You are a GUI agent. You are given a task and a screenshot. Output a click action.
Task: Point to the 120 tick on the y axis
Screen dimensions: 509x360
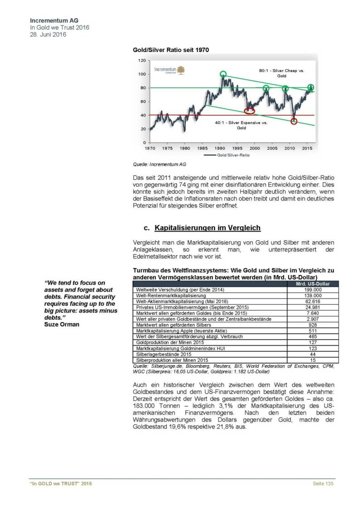point(142,60)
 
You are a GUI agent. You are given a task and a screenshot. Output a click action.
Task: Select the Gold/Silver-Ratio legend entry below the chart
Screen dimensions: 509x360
point(228,155)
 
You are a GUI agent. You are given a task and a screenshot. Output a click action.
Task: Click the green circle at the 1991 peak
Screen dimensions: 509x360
point(223,74)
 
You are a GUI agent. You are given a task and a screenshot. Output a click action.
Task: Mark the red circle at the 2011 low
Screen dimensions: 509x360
point(294,121)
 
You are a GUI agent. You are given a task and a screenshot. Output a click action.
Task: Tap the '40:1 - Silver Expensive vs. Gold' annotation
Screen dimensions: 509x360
point(241,125)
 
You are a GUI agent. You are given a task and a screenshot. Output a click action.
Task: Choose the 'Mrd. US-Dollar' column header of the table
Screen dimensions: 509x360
point(310,284)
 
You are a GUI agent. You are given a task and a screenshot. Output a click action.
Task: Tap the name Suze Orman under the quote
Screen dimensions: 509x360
point(61,324)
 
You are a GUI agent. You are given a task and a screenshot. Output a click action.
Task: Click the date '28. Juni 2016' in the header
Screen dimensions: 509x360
point(48,34)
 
